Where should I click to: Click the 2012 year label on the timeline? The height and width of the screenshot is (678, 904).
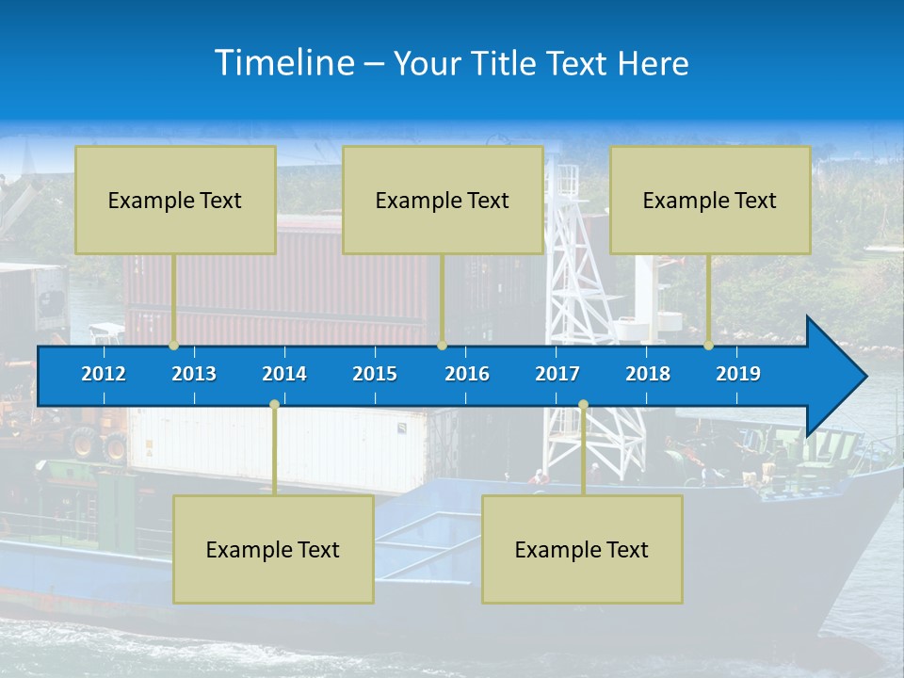104,374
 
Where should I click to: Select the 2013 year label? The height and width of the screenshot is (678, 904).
194,374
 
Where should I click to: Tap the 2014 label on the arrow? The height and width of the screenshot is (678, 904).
284,374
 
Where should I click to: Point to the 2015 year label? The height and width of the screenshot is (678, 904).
375,374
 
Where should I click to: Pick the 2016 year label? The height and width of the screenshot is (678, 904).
467,374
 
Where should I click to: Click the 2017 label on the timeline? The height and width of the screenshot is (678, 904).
557,374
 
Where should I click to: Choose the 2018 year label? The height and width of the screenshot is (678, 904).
648,374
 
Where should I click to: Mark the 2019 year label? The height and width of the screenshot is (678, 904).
738,374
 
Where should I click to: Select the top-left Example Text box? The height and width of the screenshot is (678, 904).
175,200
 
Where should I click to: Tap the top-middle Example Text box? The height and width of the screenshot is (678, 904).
443,200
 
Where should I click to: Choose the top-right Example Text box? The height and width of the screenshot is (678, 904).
710,200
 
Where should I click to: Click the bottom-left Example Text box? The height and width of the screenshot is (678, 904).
273,549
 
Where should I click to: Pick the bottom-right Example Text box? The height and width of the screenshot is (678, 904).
582,549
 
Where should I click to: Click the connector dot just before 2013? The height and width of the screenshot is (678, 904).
174,346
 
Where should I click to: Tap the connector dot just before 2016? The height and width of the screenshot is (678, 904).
442,346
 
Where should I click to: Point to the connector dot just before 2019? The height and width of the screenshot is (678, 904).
709,346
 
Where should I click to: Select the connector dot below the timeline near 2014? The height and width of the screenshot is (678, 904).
274,405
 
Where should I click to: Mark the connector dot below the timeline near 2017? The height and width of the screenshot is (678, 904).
583,405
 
